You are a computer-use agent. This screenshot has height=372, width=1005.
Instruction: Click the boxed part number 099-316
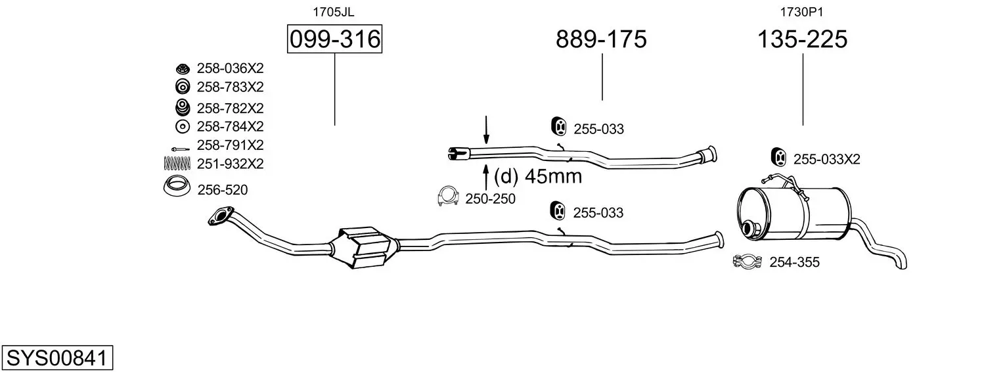click(335, 39)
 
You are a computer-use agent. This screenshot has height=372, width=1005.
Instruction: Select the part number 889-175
click(601, 39)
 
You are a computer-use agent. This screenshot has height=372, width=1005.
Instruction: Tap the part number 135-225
click(802, 39)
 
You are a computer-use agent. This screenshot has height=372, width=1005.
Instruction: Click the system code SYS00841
click(57, 358)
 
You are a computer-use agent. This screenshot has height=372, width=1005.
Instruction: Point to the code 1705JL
click(333, 12)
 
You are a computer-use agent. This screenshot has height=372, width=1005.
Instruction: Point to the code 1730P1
click(802, 12)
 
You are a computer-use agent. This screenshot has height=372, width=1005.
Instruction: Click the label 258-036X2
click(230, 68)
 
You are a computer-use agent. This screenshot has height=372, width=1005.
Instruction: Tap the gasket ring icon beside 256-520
click(177, 187)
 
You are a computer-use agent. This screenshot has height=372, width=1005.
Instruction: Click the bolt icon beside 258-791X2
click(181, 149)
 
